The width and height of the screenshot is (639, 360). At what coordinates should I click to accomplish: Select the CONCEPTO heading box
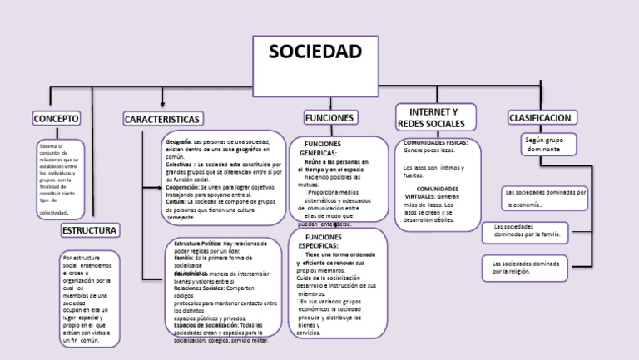(x=57, y=119)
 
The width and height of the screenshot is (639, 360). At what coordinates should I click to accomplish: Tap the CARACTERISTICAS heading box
(x=162, y=120)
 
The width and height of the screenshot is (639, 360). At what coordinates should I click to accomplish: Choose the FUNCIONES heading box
(x=329, y=118)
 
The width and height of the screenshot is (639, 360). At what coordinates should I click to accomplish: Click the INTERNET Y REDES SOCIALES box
(x=436, y=117)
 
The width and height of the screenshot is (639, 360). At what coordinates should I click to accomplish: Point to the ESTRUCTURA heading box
(x=89, y=229)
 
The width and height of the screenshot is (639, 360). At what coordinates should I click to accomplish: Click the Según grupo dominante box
(x=548, y=145)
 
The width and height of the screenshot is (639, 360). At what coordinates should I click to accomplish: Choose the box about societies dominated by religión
(x=524, y=267)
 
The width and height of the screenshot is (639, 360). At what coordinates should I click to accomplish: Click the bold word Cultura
(x=176, y=201)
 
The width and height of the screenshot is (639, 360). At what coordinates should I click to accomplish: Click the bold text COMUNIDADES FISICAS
(x=435, y=143)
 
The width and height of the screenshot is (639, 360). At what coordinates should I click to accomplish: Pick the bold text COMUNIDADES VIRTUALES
(x=438, y=192)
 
